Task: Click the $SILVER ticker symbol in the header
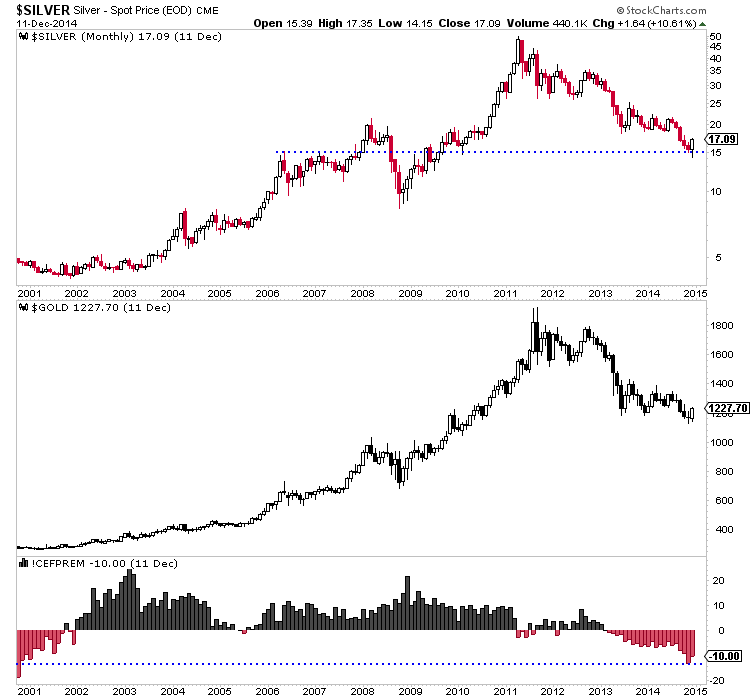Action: click(x=41, y=9)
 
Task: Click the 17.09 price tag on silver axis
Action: click(x=723, y=139)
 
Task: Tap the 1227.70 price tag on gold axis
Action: click(x=728, y=408)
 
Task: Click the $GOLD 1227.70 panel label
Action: click(x=96, y=307)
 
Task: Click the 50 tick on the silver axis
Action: click(x=715, y=37)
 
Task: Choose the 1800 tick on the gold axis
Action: click(x=721, y=325)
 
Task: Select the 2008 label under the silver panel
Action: click(x=361, y=294)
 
